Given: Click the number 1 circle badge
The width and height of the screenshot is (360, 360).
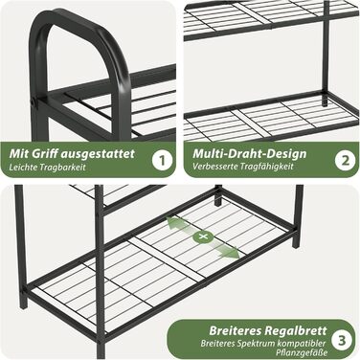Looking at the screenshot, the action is click(x=163, y=160).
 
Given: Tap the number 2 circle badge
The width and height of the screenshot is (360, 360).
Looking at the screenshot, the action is click(x=346, y=160).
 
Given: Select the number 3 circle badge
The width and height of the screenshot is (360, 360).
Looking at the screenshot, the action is click(x=342, y=340).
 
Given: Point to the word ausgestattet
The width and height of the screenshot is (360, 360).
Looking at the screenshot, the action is click(x=98, y=154).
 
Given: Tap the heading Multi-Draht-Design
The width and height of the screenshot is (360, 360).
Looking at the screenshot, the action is click(x=250, y=153).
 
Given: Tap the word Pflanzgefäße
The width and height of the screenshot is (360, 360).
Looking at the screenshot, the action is click(x=302, y=353).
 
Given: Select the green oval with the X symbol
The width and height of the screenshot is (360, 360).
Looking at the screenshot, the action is click(x=202, y=236).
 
